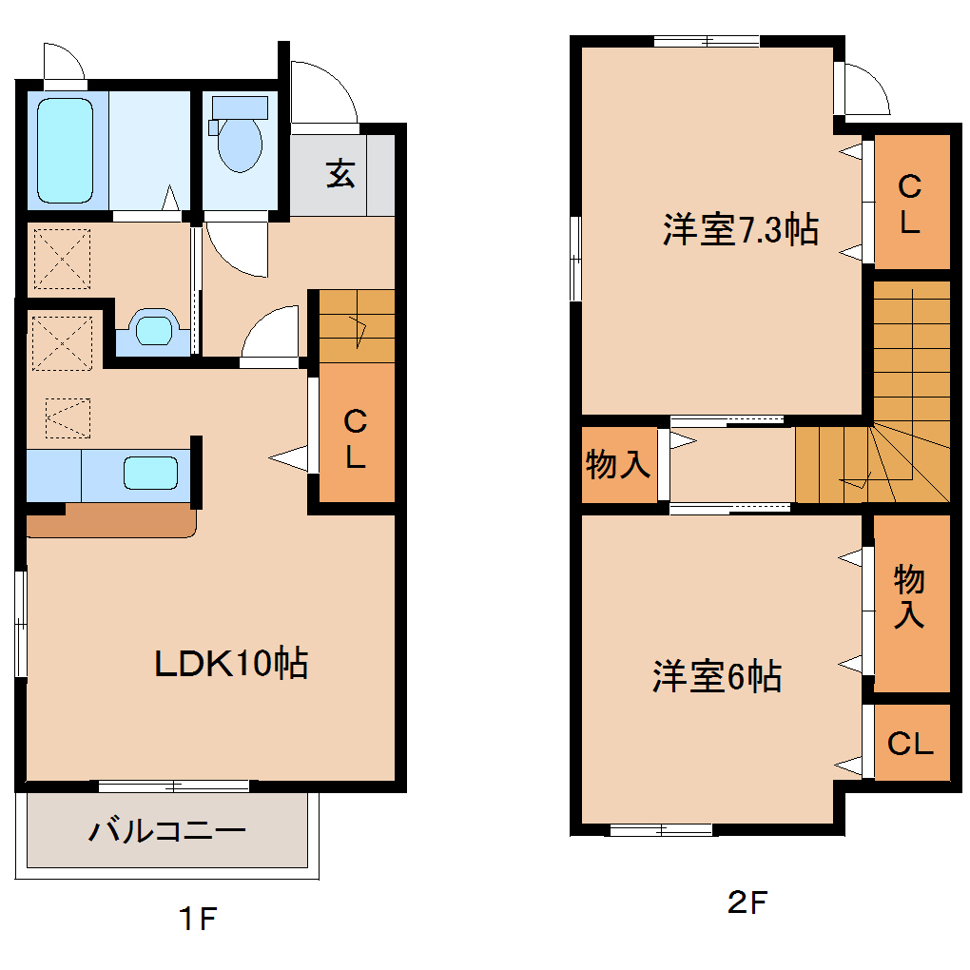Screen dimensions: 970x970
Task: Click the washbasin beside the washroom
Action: [152, 329]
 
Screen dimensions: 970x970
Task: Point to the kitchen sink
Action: [150, 473]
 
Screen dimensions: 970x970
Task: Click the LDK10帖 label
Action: [231, 662]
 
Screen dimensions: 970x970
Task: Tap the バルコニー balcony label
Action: [168, 831]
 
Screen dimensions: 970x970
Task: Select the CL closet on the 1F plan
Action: [355, 439]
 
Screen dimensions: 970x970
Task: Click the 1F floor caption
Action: [199, 920]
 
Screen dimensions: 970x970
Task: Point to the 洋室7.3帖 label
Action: [741, 230]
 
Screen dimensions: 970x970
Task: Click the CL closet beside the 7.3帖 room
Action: [910, 203]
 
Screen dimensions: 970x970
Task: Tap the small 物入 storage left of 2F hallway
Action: [618, 465]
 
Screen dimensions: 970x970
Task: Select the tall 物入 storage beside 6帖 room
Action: [910, 596]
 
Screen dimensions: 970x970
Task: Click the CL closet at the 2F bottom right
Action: [910, 744]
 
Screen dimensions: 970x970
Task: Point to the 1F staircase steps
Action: [356, 325]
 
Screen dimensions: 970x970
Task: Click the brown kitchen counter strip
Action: [110, 521]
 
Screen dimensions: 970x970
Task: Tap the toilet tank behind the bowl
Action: [239, 107]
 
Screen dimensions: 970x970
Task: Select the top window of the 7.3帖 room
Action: [705, 40]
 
